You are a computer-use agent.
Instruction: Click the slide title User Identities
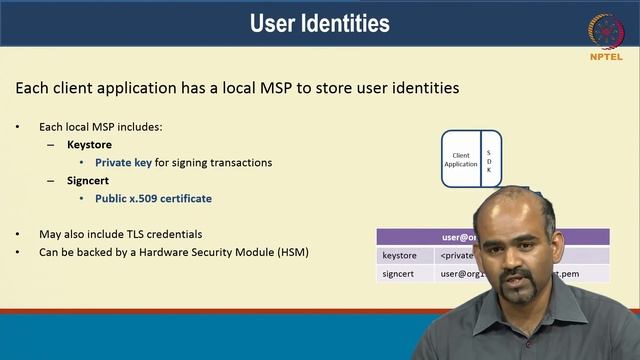pyautogui.click(x=319, y=22)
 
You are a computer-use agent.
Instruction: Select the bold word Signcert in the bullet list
pyautogui.click(x=88, y=181)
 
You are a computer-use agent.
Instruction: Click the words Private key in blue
pyautogui.click(x=123, y=162)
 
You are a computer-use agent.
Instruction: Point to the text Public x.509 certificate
pyautogui.click(x=153, y=198)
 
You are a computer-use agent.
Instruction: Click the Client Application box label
pyautogui.click(x=461, y=160)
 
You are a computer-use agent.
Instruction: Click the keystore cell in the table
pyautogui.click(x=400, y=255)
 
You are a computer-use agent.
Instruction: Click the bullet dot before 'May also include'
pyautogui.click(x=19, y=234)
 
